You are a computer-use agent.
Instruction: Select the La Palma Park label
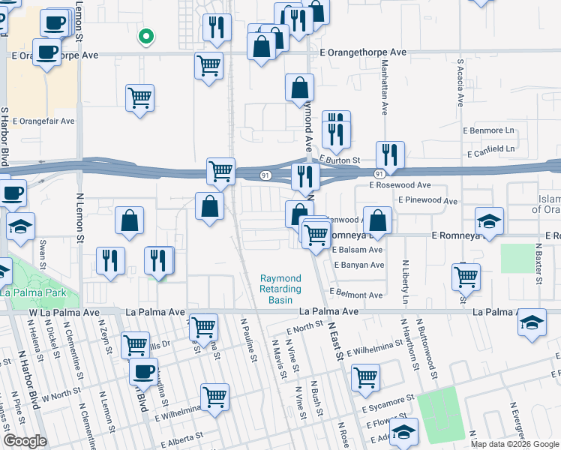pos(34,292)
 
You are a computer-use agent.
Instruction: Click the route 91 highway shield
pos(266,174)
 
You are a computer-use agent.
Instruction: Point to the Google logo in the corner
pos(25,441)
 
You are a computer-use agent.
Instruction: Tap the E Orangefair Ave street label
pos(43,121)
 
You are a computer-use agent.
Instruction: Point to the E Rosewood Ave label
pos(400,184)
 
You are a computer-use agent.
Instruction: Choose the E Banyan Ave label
pos(358,265)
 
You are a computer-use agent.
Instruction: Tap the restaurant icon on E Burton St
pos(389,154)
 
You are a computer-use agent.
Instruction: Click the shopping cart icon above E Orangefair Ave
pos(140,97)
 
